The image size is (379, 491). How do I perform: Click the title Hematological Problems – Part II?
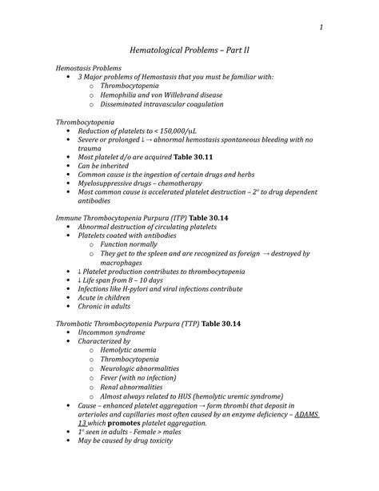(x=189, y=50)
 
